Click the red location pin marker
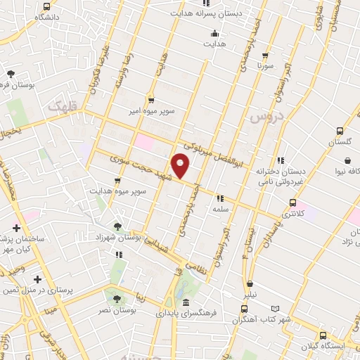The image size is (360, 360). pos(181,166)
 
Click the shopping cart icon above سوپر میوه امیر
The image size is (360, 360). pos(150,100)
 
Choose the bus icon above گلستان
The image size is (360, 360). pos(340,130)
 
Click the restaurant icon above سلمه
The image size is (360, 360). pos(220,198)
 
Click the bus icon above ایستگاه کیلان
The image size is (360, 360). pos(323,335)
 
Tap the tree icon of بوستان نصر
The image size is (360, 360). pos(110,297)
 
